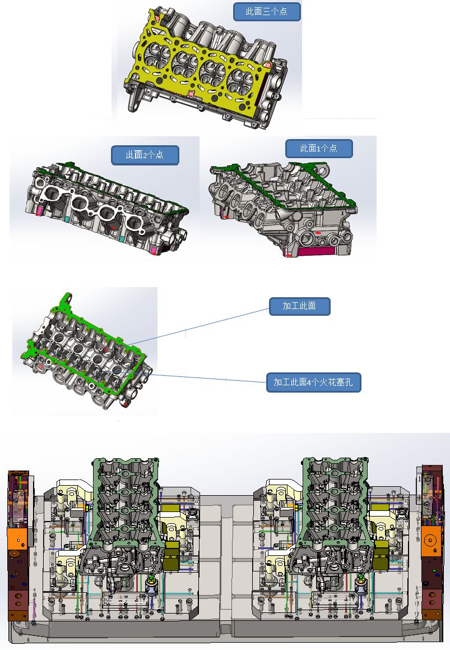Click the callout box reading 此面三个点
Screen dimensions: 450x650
tap(266, 12)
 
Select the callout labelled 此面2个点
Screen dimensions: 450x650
tap(145, 155)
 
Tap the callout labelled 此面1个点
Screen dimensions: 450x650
tap(319, 149)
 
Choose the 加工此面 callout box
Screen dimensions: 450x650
tap(300, 306)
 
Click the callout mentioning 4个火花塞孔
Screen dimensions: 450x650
tap(313, 382)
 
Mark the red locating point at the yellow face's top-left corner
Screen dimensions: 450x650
tap(157, 19)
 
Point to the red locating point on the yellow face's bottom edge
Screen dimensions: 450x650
tap(191, 94)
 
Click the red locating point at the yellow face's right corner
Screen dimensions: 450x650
tap(268, 64)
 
